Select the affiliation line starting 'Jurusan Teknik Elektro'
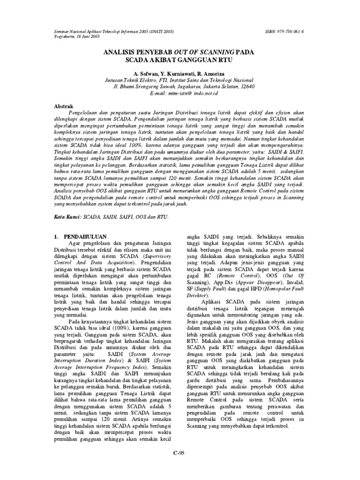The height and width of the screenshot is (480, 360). point(180,80)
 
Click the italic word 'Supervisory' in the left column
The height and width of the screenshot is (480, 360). point(156,257)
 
